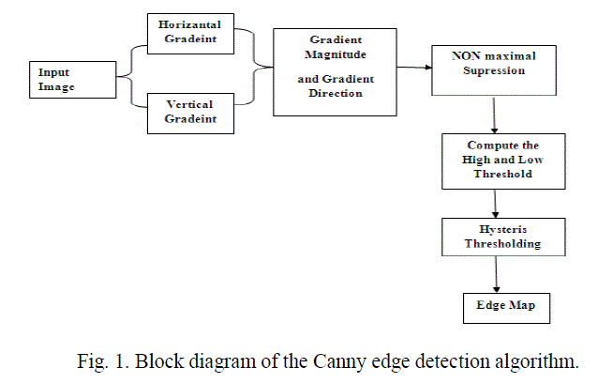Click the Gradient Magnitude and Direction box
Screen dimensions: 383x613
pos(331,72)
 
